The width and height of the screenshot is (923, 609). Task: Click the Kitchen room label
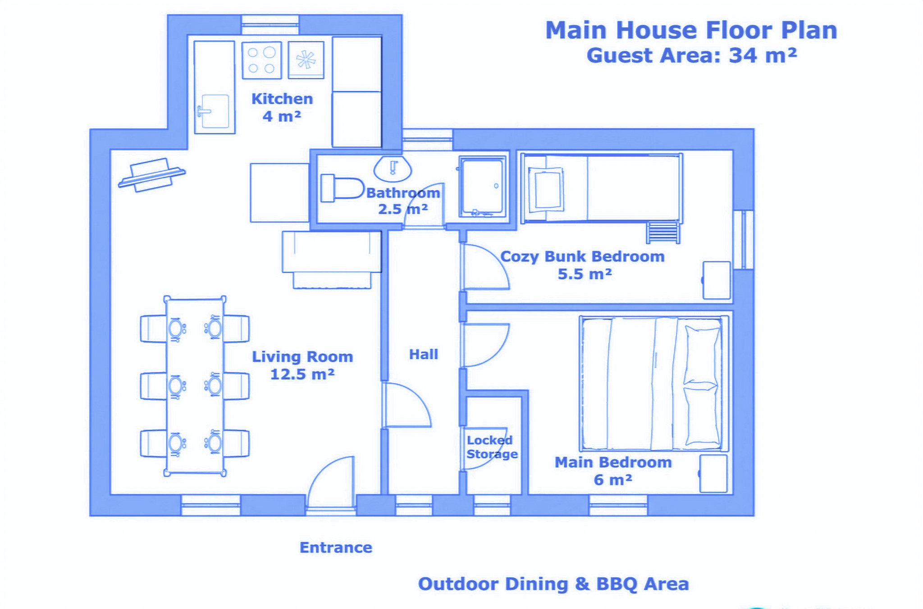tap(282, 99)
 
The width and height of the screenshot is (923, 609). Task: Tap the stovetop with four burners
tap(261, 60)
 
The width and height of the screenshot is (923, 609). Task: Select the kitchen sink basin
tap(215, 111)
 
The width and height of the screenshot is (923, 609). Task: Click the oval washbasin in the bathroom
tap(393, 169)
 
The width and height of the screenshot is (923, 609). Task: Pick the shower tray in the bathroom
tap(482, 187)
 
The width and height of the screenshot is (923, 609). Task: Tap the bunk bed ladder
tap(663, 233)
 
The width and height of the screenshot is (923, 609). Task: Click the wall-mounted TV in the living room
tap(151, 175)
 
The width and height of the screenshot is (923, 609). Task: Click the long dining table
tap(195, 386)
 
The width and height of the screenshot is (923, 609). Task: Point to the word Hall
tap(423, 354)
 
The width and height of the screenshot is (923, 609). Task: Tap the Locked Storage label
tap(492, 447)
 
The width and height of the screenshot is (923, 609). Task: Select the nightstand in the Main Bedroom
tap(713, 473)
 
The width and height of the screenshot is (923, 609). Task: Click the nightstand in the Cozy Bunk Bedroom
tap(717, 280)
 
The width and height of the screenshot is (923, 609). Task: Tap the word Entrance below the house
tap(336, 547)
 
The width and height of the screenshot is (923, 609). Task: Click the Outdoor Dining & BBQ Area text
tap(553, 584)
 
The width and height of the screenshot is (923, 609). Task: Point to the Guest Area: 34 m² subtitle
tap(692, 55)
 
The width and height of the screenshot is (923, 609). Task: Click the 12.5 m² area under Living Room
tap(302, 374)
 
